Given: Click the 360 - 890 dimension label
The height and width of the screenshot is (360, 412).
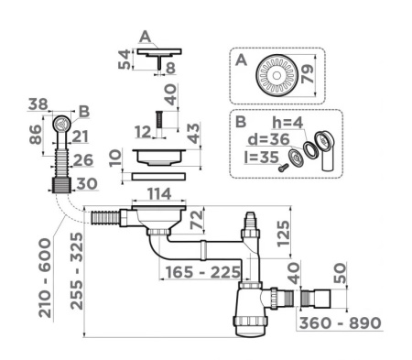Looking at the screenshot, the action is (340, 323).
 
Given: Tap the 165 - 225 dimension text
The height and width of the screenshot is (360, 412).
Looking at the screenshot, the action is (202, 272).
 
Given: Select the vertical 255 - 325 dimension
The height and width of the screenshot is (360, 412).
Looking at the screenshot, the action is (76, 271).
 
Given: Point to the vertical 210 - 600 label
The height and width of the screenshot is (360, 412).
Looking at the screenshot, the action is (45, 278).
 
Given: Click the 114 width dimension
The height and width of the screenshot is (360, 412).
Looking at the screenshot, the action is (159, 193).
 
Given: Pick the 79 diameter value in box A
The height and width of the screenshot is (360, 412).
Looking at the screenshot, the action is (307, 73).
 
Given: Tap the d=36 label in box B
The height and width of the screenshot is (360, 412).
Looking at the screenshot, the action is (268, 139).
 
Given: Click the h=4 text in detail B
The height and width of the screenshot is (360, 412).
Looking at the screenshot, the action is (287, 123).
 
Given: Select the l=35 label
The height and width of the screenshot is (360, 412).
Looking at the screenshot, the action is (262, 158).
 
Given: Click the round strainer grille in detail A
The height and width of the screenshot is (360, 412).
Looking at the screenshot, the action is (276, 75).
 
